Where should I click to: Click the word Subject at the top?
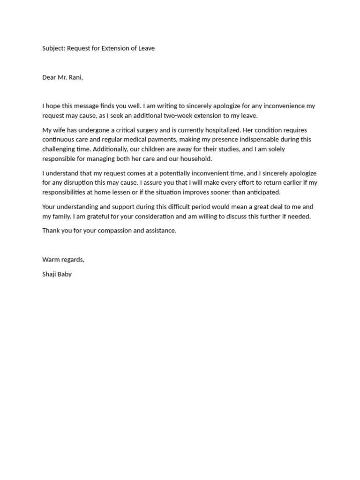click(53, 48)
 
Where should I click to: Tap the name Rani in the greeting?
click(75, 77)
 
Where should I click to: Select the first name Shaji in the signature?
click(49, 274)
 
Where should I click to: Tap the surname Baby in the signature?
click(65, 274)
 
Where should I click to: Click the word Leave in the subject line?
click(146, 48)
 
